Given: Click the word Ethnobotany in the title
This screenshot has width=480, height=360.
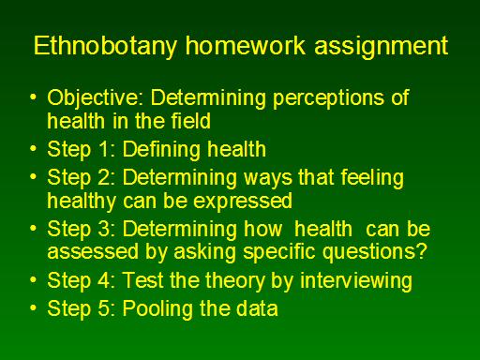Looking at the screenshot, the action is [x=105, y=47].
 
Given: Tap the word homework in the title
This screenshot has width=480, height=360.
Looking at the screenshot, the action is [x=245, y=45].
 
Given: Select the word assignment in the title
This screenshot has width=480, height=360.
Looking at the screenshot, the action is [x=381, y=47].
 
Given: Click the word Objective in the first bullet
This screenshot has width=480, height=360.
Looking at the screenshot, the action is [x=93, y=98].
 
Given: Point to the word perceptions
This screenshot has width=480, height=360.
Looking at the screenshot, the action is [x=327, y=98].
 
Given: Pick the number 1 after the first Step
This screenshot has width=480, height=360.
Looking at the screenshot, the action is [x=104, y=149].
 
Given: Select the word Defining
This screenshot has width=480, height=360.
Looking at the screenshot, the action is [x=161, y=150].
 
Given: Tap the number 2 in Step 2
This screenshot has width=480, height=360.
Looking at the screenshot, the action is [x=103, y=177].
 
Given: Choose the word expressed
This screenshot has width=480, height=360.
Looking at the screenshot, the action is [x=243, y=202].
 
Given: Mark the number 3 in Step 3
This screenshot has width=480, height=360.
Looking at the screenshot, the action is [x=103, y=229].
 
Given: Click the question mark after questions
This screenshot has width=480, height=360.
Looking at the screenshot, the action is [x=422, y=250].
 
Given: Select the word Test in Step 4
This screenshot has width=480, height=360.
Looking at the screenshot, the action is [x=143, y=279].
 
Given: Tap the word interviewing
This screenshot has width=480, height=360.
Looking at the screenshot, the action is [x=355, y=281].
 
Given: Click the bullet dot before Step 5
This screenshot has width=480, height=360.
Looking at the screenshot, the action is [x=33, y=308].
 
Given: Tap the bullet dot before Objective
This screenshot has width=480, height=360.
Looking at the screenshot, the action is [x=33, y=97].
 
